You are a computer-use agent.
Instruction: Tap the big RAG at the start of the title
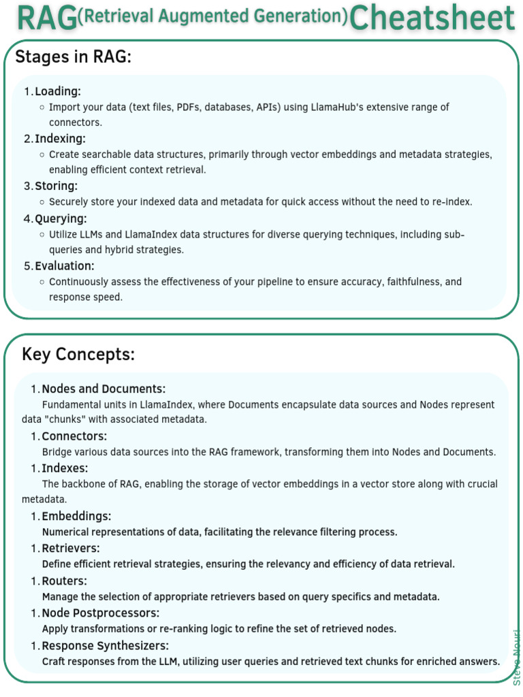click(x=46, y=18)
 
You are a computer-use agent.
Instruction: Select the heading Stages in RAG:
click(x=73, y=58)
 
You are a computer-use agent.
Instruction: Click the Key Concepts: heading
click(x=78, y=355)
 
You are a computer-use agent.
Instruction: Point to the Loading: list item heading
click(x=58, y=91)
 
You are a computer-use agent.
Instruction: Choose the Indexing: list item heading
click(x=60, y=139)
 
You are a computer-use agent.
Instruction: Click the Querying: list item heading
click(x=61, y=218)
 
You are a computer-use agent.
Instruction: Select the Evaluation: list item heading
click(x=65, y=265)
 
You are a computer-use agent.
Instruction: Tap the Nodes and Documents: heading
click(x=104, y=389)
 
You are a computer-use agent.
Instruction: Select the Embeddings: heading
click(x=76, y=517)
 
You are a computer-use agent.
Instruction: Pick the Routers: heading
click(x=65, y=581)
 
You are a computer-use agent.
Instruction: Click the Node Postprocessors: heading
click(x=100, y=613)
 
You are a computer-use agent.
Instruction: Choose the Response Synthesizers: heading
click(x=105, y=646)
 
